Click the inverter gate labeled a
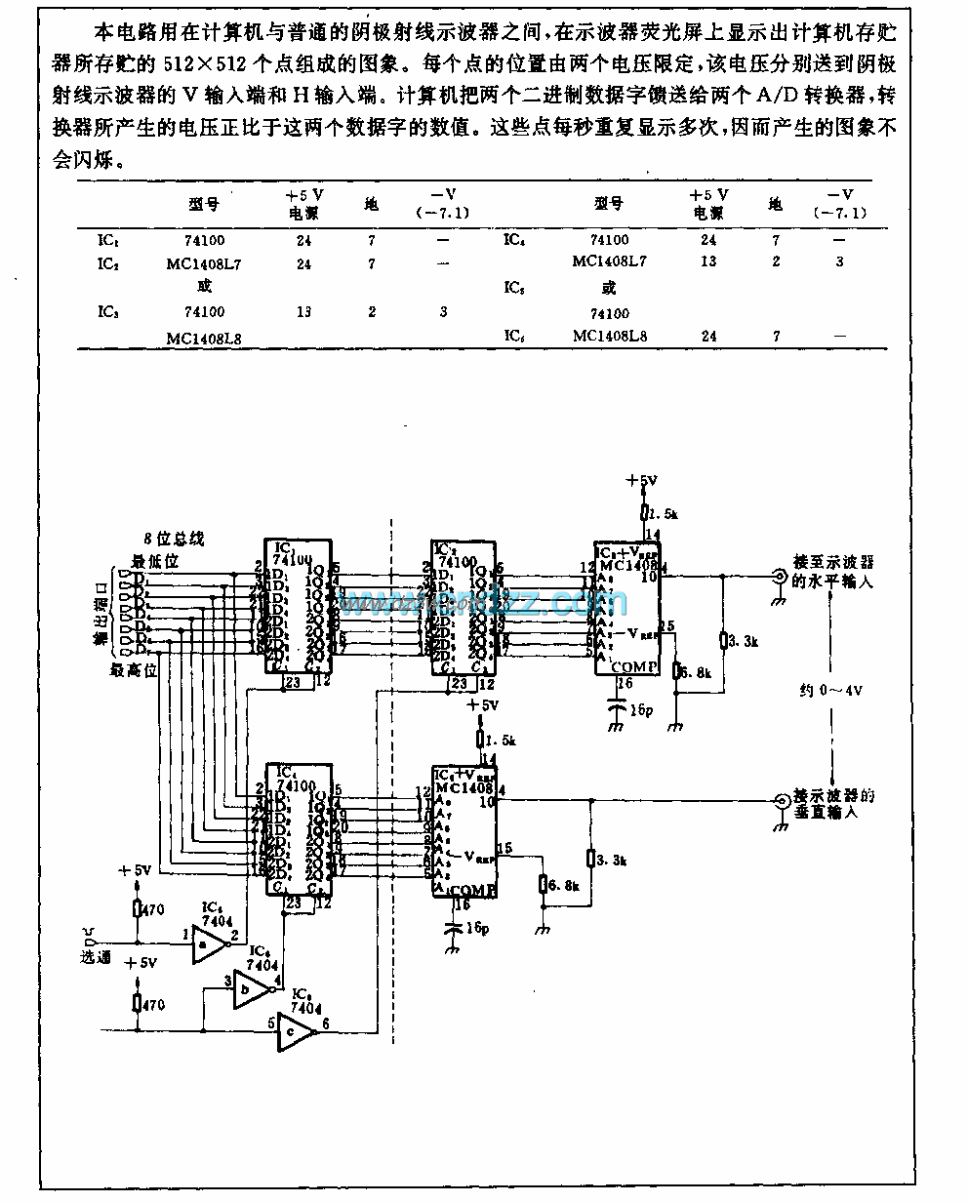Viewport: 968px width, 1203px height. click(207, 943)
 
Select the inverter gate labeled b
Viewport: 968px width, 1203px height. click(250, 993)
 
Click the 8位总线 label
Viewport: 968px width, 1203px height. click(174, 539)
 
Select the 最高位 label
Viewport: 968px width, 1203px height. click(134, 669)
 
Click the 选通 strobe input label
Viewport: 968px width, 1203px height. click(96, 957)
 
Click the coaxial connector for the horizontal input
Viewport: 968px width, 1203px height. click(780, 577)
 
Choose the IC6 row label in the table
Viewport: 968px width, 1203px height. click(514, 336)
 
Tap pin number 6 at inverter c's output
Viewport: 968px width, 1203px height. click(325, 1023)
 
